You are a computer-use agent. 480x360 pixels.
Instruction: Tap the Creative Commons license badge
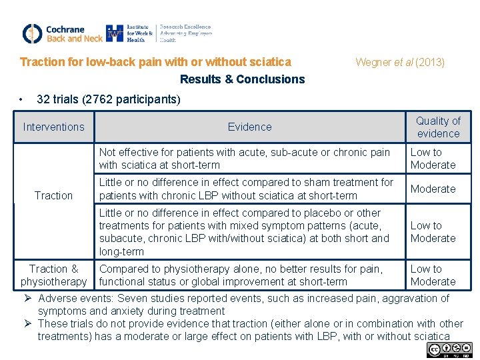450,349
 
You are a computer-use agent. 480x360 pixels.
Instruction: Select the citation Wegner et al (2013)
400,63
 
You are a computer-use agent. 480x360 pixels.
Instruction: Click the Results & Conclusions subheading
242,79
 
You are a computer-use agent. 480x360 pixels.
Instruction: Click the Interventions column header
53,127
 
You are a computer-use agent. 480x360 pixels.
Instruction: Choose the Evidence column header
249,127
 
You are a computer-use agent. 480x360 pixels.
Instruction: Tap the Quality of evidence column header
438,127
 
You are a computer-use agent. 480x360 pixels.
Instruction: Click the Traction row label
53,195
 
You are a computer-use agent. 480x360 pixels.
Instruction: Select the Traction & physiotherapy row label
53,275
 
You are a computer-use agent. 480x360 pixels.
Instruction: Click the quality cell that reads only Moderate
433,189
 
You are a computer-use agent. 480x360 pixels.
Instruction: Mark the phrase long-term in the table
121,251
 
